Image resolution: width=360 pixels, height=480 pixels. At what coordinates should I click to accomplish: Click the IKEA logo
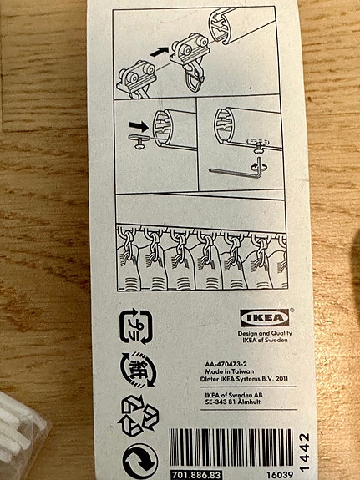[267, 317]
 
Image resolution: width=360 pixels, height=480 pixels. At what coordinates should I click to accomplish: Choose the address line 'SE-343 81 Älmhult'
[238, 403]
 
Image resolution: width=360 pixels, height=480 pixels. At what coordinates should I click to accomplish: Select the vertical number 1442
[305, 452]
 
